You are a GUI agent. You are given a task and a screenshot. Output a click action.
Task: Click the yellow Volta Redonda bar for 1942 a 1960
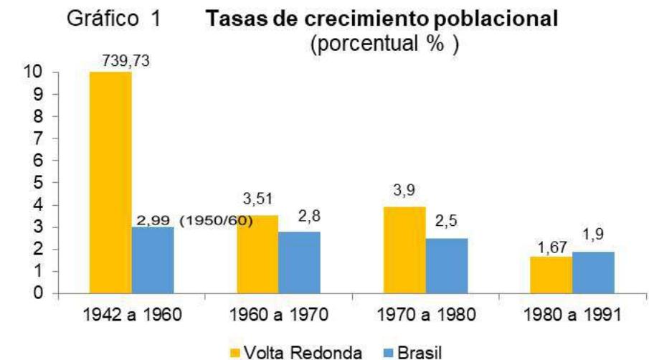click(110, 182)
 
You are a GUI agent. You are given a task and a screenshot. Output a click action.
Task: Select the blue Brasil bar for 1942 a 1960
click(153, 260)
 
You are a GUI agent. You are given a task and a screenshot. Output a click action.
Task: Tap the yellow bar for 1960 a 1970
click(257, 254)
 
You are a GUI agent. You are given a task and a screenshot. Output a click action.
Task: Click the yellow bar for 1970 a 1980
click(404, 250)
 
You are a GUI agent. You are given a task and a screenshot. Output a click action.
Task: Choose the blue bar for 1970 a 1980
click(447, 265)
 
